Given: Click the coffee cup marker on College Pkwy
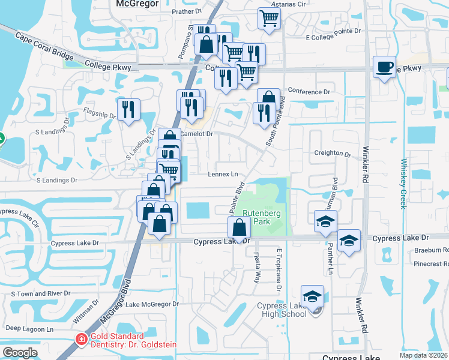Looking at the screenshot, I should (384, 68).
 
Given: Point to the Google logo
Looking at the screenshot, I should (20, 353).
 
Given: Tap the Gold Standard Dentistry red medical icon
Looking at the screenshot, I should (80, 340).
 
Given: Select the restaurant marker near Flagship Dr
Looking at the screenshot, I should (128, 110).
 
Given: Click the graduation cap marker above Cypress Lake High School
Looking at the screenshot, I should (312, 296).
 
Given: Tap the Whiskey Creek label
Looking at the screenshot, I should (404, 183).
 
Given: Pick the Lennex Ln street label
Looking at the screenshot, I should (223, 175).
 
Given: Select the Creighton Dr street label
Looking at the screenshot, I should (333, 154).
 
